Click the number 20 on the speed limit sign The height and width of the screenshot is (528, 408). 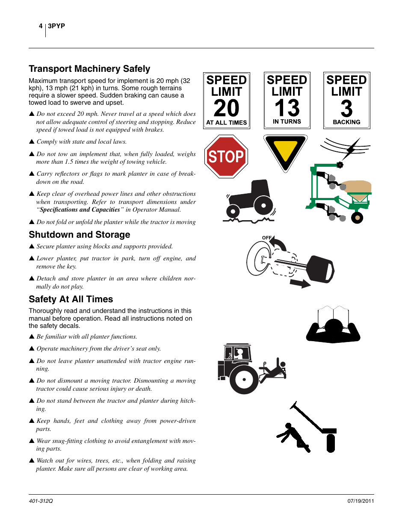click(x=226, y=108)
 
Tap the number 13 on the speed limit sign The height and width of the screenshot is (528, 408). click(x=287, y=108)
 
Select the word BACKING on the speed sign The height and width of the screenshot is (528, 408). click(x=346, y=122)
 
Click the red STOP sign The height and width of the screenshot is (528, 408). click(x=226, y=156)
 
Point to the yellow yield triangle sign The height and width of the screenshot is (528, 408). click(x=285, y=150)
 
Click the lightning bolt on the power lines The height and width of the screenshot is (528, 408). click(x=352, y=148)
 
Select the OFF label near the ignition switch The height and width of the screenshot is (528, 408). click(x=267, y=238)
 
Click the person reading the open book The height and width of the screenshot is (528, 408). click(x=333, y=327)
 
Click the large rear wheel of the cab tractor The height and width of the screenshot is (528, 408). click(x=244, y=379)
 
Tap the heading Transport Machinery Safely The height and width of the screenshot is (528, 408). click(x=89, y=69)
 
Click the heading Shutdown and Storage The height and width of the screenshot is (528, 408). click(x=80, y=235)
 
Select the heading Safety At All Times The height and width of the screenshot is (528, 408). click(x=71, y=299)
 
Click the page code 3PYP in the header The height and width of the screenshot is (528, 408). click(x=56, y=26)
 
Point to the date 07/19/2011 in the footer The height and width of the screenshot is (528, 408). click(x=361, y=501)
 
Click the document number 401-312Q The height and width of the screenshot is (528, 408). click(x=41, y=501)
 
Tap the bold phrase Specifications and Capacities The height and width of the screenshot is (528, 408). click(x=80, y=210)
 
